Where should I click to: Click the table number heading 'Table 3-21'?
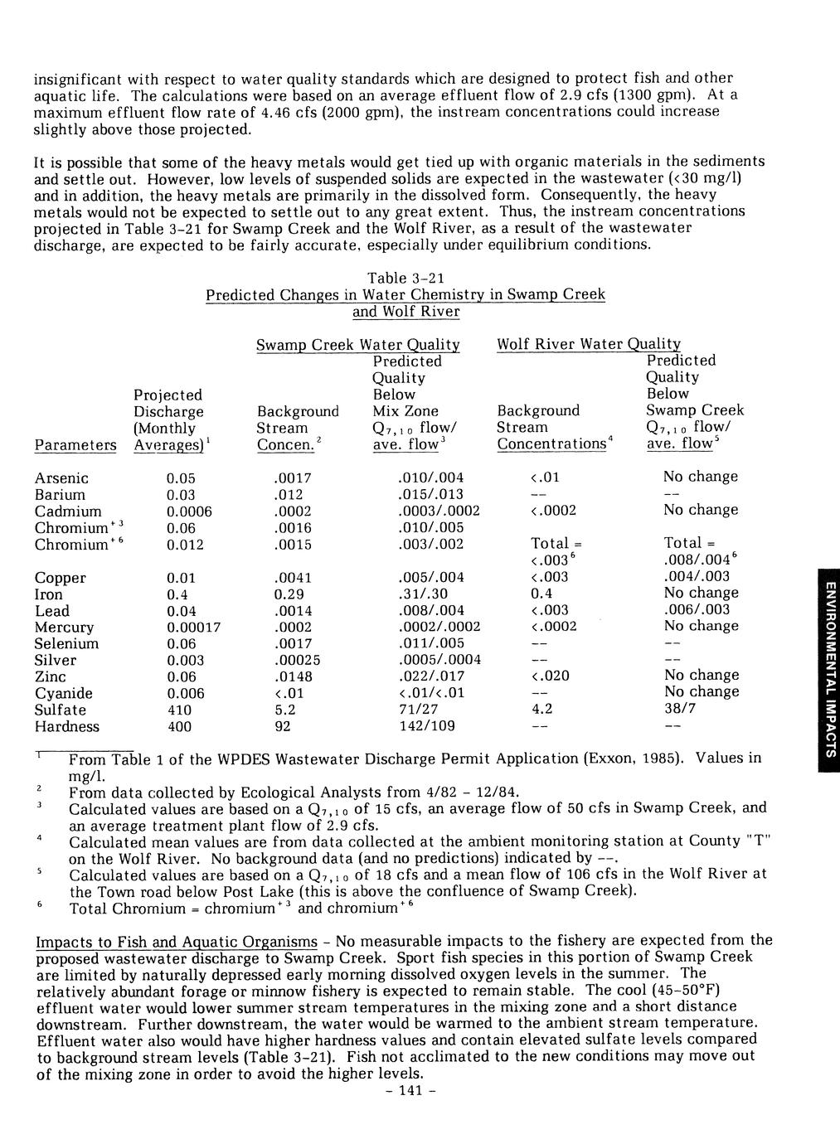click(x=405, y=278)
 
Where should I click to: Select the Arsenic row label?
click(x=61, y=478)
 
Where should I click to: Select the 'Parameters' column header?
click(x=75, y=446)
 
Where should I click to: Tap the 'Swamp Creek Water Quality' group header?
click(x=357, y=345)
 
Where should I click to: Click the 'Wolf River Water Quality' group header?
click(x=589, y=344)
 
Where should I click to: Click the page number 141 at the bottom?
click(x=406, y=1091)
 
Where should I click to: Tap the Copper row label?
click(x=60, y=578)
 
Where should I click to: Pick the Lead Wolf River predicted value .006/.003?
click(x=697, y=609)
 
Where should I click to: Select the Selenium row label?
click(x=66, y=644)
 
